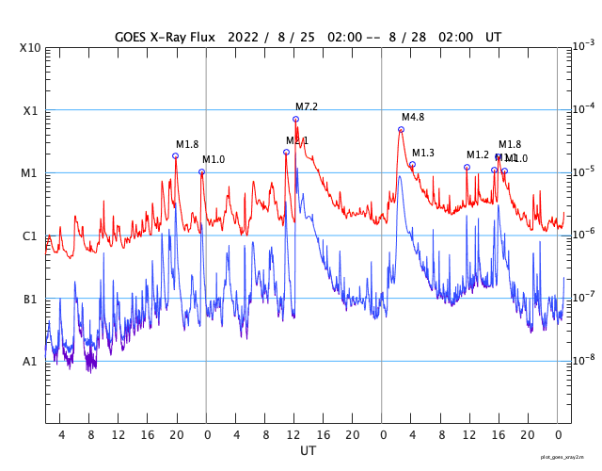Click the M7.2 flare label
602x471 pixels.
(x=307, y=106)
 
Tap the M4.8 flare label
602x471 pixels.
(x=413, y=117)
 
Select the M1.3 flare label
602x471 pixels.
(x=423, y=153)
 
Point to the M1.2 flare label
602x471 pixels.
(x=478, y=154)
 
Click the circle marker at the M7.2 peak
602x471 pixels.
(x=295, y=119)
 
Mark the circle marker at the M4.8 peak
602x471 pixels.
(x=401, y=129)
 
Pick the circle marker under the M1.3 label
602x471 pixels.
(x=412, y=165)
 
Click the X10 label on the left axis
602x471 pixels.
(x=31, y=48)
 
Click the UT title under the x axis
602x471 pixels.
(x=308, y=451)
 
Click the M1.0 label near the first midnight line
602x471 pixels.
(x=214, y=159)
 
